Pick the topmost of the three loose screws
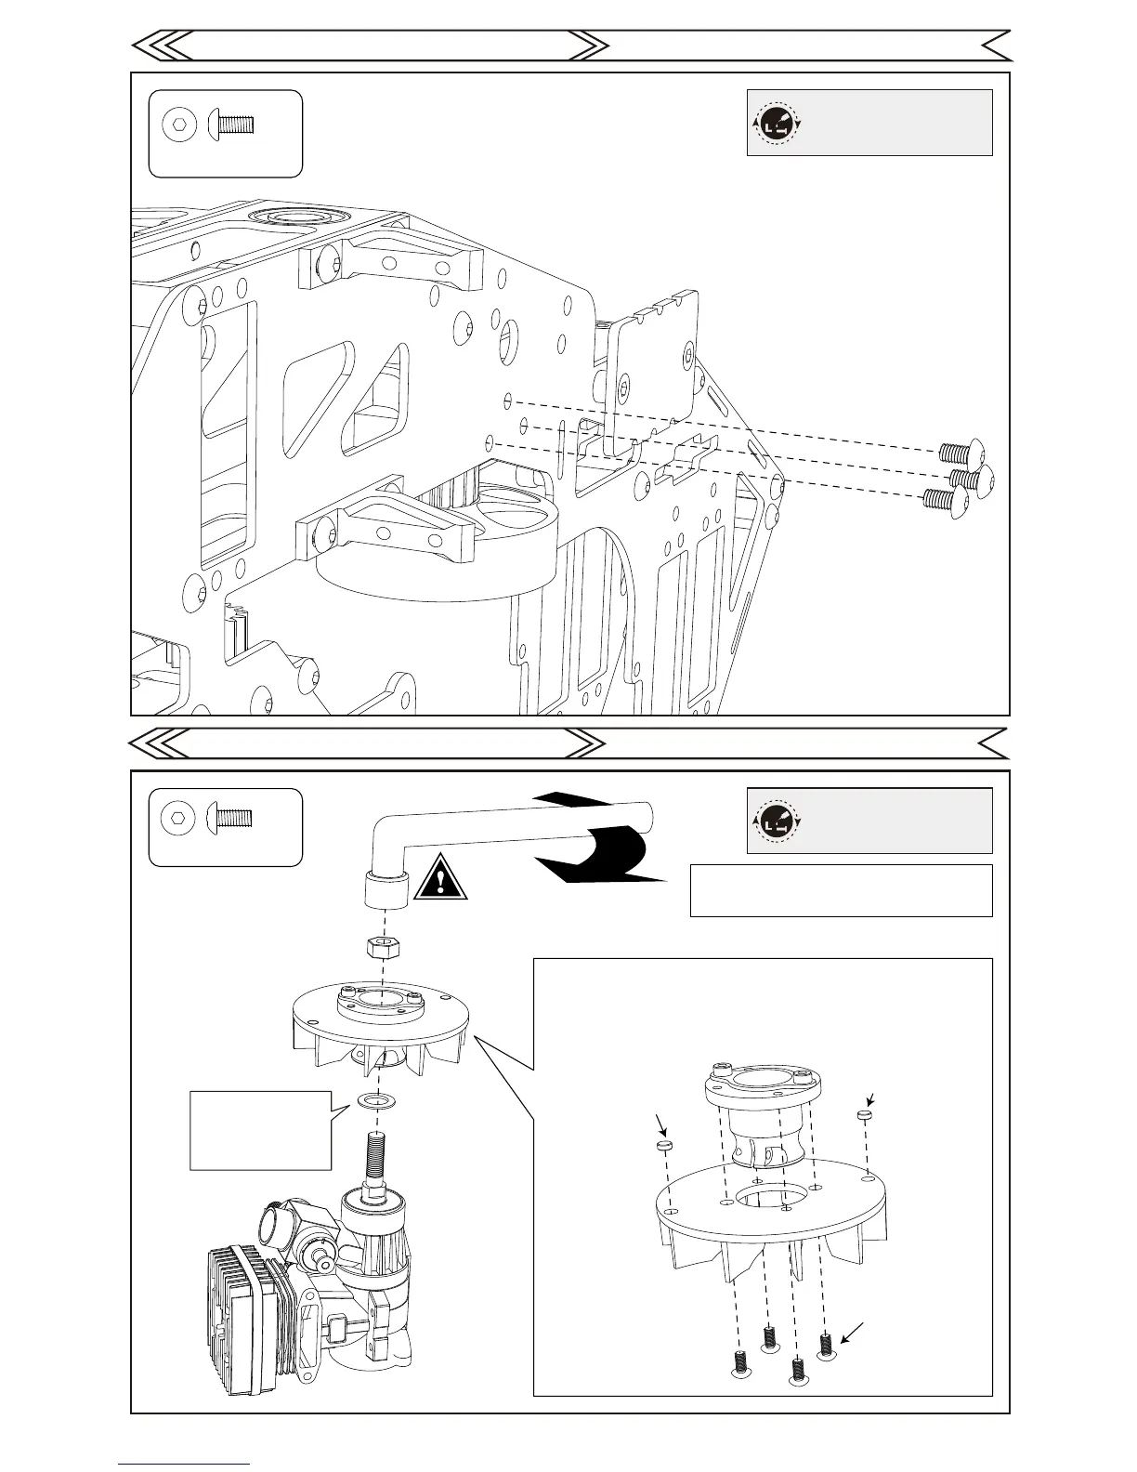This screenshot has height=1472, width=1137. (x=956, y=453)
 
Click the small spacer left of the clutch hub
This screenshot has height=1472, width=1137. (x=663, y=1149)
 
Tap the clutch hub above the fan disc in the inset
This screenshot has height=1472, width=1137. (x=762, y=1115)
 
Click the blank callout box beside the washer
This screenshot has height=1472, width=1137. (x=260, y=1130)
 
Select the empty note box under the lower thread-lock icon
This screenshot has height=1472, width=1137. (x=841, y=890)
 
